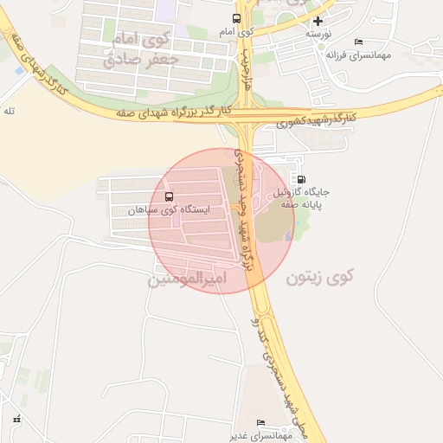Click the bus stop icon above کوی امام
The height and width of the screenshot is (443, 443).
[237, 18]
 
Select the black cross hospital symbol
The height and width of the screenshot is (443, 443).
[318, 21]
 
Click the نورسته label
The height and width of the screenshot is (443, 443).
[318, 33]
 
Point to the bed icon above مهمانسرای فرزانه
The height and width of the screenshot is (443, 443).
[359, 42]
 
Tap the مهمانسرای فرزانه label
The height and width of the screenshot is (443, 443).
[357, 54]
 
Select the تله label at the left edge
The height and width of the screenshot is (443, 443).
[10, 111]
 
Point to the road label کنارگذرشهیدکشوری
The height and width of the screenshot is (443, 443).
[317, 118]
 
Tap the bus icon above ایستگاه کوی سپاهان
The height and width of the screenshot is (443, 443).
[168, 196]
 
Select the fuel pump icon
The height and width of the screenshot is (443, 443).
[300, 180]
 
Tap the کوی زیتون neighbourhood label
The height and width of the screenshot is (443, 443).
[320, 278]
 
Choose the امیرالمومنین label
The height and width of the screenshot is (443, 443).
[188, 280]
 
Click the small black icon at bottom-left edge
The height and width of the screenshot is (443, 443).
[16, 420]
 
